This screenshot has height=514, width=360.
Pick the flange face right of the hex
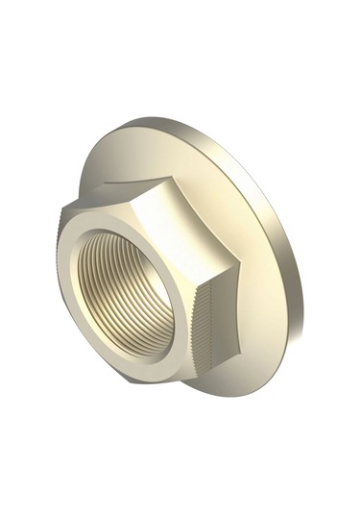(269, 288)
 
